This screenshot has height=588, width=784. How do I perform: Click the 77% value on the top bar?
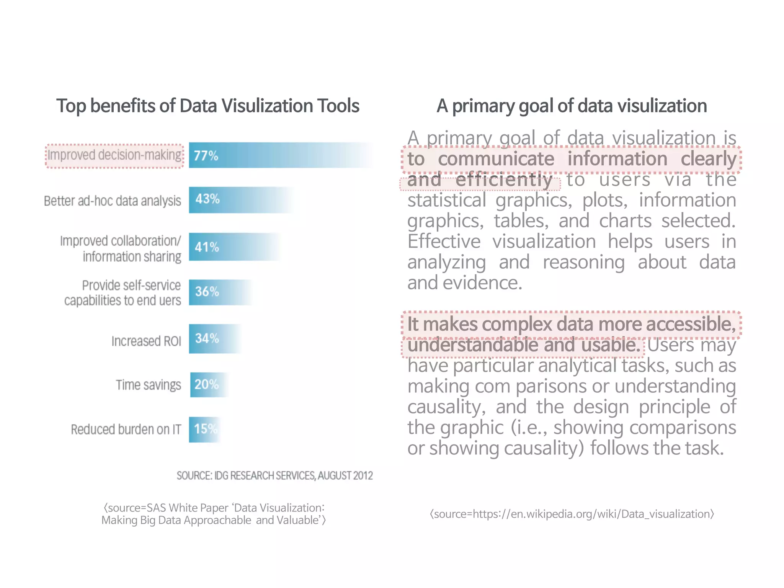[x=206, y=155]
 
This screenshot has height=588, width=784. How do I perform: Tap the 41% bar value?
[x=207, y=247]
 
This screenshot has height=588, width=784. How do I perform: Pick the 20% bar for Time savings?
[x=206, y=384]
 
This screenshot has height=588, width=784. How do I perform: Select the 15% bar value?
[x=206, y=429]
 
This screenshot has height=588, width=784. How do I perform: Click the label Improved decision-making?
[x=114, y=155]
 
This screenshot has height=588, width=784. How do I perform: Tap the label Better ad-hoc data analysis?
[x=112, y=201]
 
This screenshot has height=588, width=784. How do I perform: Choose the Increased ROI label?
[x=146, y=341]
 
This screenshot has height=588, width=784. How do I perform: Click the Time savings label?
[x=148, y=385]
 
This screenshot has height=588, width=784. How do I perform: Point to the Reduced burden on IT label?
[x=126, y=430]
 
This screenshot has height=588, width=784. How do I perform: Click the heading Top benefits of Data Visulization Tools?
[x=208, y=106]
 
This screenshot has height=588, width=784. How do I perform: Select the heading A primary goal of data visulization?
[x=572, y=106]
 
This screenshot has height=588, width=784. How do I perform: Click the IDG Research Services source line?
[x=274, y=476]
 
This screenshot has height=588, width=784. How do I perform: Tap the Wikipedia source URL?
[x=572, y=514]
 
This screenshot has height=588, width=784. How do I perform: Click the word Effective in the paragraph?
[x=444, y=242]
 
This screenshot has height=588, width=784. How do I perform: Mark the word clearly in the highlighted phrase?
[x=708, y=159]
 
